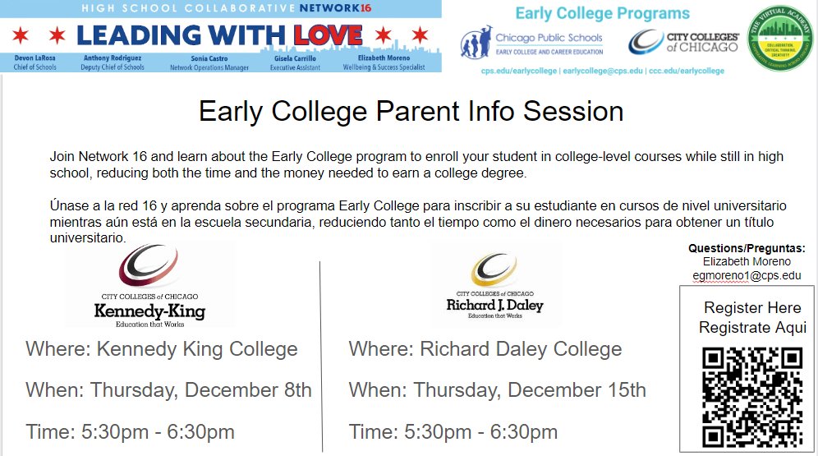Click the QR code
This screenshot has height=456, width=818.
[753, 396]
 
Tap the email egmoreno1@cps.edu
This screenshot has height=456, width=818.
[747, 275]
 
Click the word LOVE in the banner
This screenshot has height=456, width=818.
[327, 35]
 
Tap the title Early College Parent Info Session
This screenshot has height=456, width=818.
[411, 111]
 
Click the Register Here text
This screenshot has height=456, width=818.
[752, 308]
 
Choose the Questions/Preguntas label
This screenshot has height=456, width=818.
[747, 248]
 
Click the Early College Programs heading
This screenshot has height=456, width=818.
[602, 13]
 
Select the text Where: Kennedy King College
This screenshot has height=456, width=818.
[162, 349]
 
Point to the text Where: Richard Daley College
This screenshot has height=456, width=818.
[485, 349]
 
